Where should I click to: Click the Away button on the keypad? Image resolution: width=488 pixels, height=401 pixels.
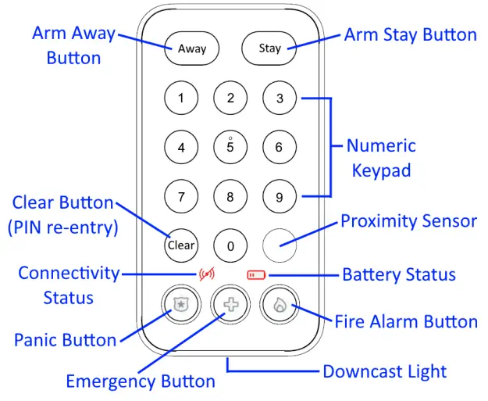pyautogui.click(x=192, y=48)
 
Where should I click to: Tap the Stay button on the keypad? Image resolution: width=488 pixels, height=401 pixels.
pyautogui.click(x=269, y=48)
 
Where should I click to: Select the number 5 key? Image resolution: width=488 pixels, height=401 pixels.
pyautogui.click(x=230, y=146)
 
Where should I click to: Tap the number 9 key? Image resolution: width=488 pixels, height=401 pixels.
pyautogui.click(x=279, y=196)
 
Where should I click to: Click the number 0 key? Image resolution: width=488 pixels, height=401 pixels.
pyautogui.click(x=230, y=245)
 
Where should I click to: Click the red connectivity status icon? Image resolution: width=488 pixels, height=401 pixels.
pyautogui.click(x=207, y=275)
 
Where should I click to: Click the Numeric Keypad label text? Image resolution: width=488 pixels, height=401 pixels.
pyautogui.click(x=380, y=158)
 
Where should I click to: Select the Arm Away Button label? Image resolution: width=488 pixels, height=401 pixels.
pyautogui.click(x=73, y=45)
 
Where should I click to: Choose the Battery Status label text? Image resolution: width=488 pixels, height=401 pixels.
pyautogui.click(x=398, y=274)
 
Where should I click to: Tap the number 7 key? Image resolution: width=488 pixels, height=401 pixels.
pyautogui.click(x=181, y=196)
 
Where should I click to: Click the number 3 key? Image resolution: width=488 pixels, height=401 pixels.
pyautogui.click(x=279, y=98)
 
